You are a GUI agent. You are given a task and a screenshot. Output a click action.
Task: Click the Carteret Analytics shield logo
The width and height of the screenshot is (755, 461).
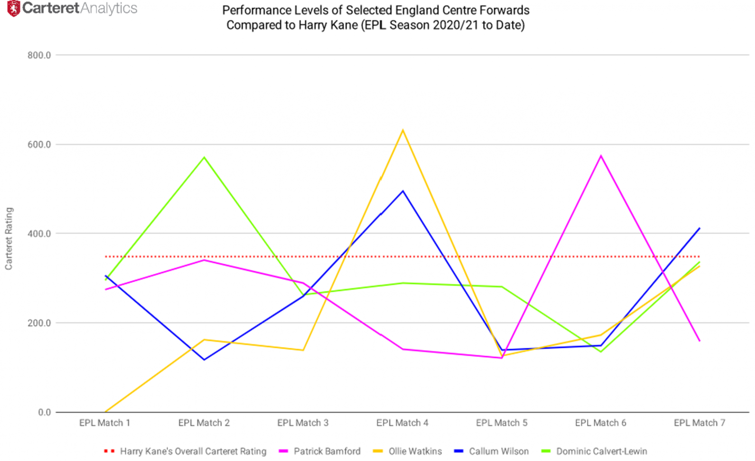click(x=14, y=8)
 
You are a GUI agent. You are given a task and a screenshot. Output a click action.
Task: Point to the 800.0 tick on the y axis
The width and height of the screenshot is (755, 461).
click(x=39, y=55)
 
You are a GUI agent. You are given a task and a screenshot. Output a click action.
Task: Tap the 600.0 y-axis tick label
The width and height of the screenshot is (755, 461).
click(x=39, y=145)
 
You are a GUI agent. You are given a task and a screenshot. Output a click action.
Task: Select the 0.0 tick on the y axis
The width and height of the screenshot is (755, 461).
click(x=44, y=412)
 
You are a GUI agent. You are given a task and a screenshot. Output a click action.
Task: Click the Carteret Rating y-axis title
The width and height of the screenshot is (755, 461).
click(x=9, y=238)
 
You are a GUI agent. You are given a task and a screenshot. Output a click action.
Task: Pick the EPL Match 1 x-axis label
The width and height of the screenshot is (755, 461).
click(x=105, y=423)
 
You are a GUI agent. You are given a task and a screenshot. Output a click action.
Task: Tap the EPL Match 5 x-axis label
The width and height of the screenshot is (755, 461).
click(x=501, y=423)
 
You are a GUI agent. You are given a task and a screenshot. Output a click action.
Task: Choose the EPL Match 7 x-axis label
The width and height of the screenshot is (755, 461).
click(x=699, y=423)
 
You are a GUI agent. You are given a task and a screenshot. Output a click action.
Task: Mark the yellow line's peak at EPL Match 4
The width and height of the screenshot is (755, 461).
click(x=403, y=130)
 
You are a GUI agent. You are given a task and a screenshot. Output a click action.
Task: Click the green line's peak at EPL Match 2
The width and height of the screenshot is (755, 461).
click(x=204, y=158)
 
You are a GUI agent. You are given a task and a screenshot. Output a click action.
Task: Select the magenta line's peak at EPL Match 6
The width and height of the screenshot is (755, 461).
click(x=601, y=156)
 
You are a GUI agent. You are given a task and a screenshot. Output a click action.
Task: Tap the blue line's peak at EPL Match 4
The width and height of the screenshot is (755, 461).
click(x=403, y=191)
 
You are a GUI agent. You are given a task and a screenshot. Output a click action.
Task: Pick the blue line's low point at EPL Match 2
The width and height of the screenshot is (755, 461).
click(x=204, y=359)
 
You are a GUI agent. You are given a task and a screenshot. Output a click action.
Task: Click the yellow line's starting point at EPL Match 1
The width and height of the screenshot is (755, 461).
click(x=105, y=412)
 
